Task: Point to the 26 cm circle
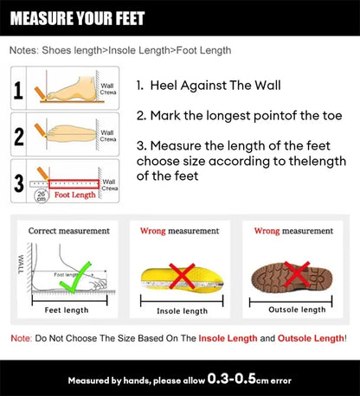pos(42,196)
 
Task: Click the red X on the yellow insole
pos(183,278)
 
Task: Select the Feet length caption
pos(66,310)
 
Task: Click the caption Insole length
pos(182,310)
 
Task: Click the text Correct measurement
pos(69,231)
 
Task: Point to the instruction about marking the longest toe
pos(229,115)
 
